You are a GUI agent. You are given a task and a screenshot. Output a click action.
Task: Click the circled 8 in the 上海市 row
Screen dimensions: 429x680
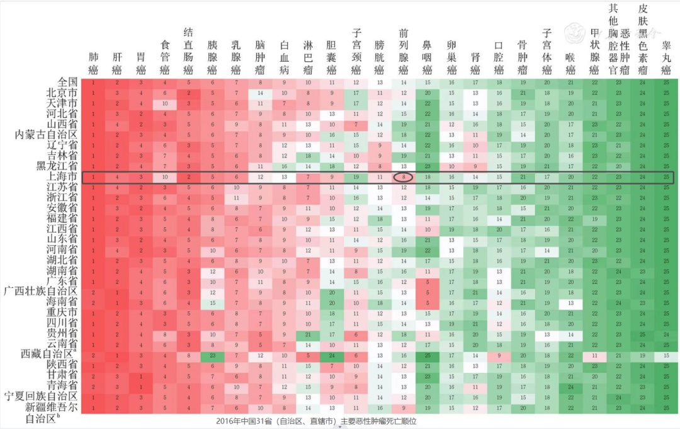pos(404,178)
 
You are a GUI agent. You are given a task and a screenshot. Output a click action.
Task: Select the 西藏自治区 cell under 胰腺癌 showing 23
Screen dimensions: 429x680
pos(212,355)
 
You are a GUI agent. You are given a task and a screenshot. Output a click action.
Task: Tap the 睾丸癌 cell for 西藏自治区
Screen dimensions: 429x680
pos(666,355)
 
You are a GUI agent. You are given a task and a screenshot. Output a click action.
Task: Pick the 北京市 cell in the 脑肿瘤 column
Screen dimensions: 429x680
pos(260,93)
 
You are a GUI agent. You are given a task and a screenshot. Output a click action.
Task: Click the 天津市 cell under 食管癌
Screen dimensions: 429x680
pos(165,103)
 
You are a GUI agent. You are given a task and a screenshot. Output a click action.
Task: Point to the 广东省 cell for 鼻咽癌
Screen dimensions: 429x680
pos(428,282)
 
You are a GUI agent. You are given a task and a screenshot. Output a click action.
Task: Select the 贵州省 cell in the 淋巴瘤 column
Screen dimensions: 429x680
pos(308,335)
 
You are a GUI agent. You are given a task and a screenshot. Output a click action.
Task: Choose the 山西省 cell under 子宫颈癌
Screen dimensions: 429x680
pos(356,125)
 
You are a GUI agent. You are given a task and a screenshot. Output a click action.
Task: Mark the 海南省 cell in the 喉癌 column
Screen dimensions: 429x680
pos(570,303)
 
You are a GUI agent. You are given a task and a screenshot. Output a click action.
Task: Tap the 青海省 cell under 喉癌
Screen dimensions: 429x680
pos(570,387)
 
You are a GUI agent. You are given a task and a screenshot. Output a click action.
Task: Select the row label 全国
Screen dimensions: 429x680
pos(67,82)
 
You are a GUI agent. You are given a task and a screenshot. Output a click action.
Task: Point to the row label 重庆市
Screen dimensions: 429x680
pos(64,312)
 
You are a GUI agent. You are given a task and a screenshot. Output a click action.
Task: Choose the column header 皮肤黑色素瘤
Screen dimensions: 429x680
pos(643,38)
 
